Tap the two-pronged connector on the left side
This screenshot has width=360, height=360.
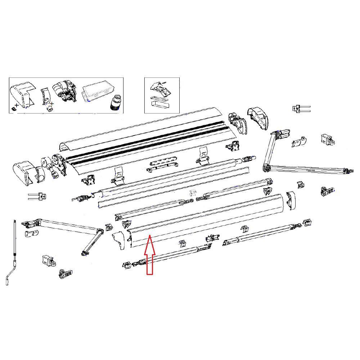[x=37, y=196]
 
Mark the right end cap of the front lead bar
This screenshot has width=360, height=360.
[x=291, y=201]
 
